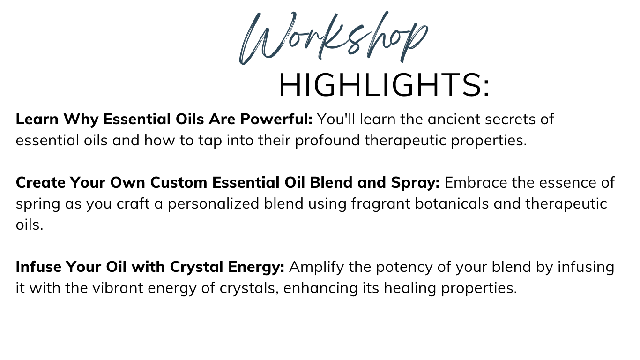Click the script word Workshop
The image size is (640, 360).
[334, 38]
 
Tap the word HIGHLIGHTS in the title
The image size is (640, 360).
[380, 85]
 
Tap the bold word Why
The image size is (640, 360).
[81, 120]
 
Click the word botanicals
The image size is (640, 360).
[452, 203]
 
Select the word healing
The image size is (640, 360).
[409, 288]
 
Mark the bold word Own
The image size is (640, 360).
[128, 182]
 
